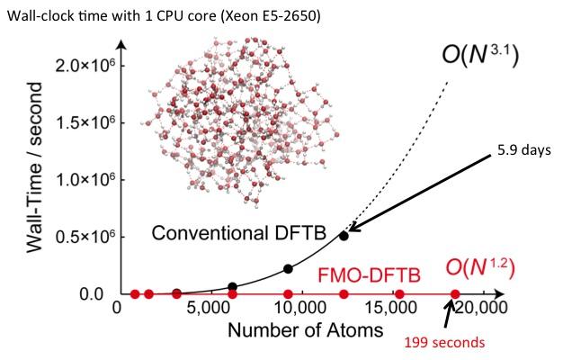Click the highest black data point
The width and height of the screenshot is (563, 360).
click(344, 236)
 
